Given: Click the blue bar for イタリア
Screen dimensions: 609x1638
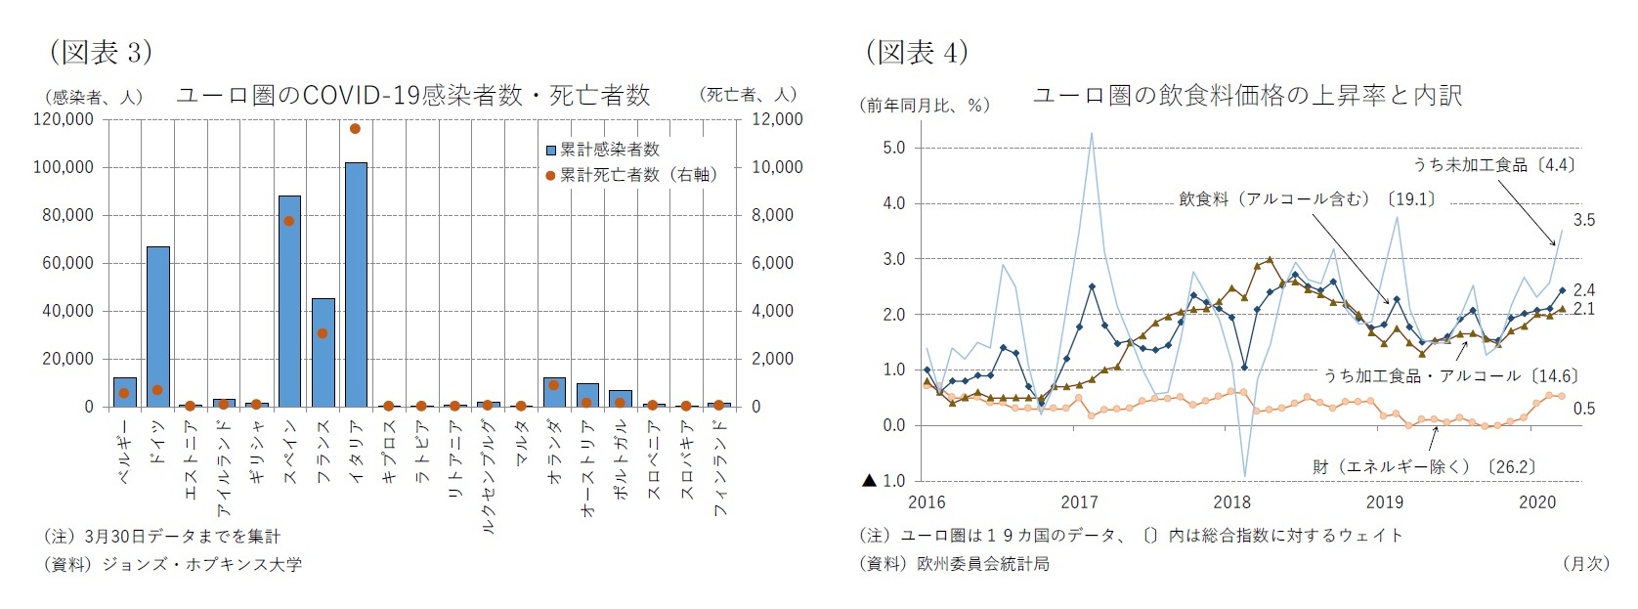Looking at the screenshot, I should (356, 283).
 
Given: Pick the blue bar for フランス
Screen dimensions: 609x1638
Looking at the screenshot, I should (323, 352).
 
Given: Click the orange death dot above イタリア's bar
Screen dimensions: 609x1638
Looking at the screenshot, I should (356, 128).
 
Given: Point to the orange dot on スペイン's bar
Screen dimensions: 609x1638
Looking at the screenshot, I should (289, 221).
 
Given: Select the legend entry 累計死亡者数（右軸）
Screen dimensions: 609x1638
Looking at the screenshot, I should (635, 175).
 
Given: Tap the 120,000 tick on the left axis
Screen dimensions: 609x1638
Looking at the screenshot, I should (64, 119).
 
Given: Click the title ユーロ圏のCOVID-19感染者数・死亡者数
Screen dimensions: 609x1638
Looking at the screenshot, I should (412, 95).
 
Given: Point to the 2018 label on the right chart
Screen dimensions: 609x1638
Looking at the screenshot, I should (1231, 502).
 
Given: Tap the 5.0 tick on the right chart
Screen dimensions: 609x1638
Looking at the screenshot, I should (893, 148).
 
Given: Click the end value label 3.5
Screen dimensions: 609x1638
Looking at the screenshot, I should (1583, 220).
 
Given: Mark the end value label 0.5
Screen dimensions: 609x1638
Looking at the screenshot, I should (1583, 409).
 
